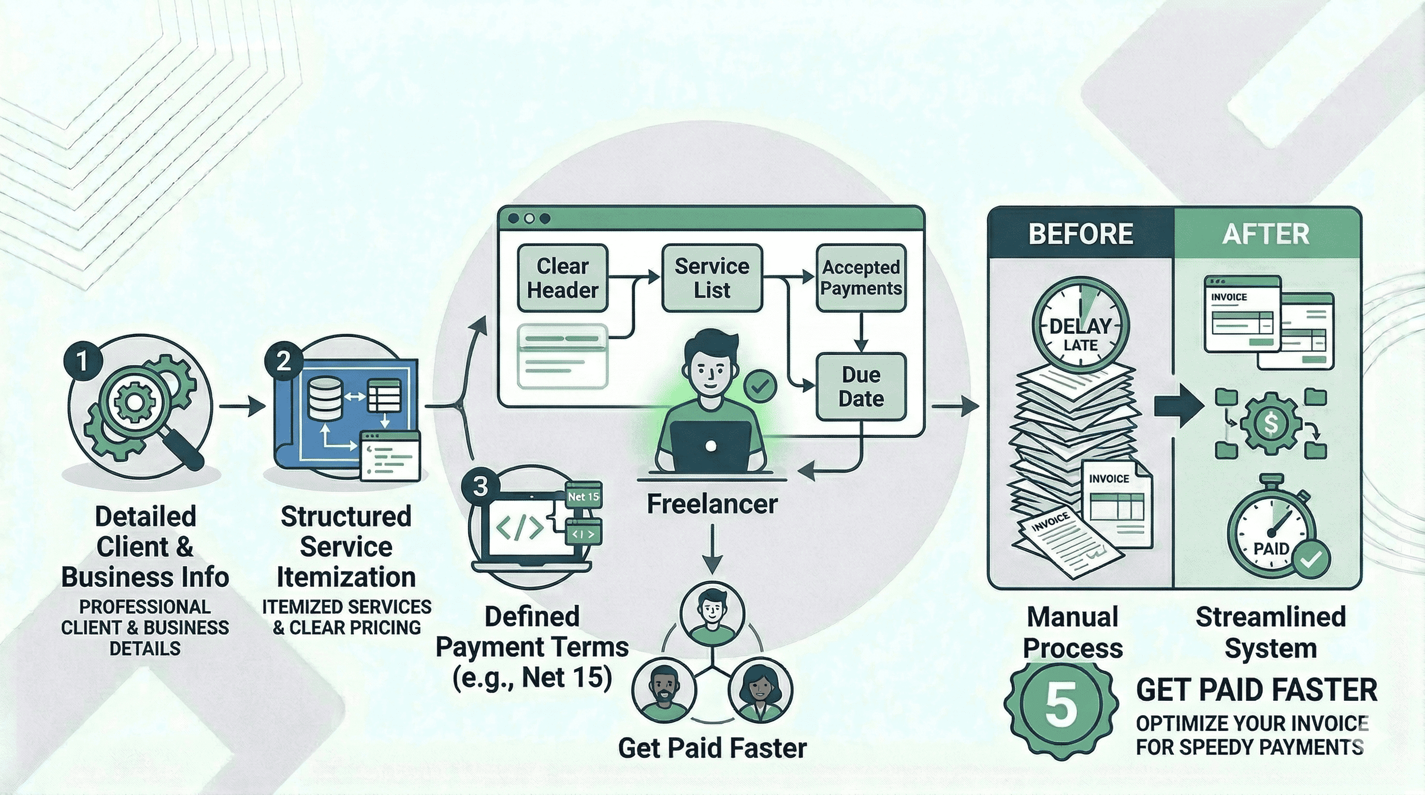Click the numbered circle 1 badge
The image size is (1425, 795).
point(82,361)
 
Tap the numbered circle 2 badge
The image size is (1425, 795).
point(283,361)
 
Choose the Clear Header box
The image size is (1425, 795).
point(562,278)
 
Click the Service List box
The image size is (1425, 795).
point(711,278)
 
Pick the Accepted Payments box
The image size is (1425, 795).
point(861,278)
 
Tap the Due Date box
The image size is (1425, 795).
point(861,387)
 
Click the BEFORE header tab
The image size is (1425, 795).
point(1080,234)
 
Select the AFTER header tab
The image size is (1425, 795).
point(1266,234)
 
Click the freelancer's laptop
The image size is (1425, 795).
point(711,445)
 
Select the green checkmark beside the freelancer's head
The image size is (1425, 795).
point(760,387)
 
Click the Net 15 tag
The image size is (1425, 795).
point(583,496)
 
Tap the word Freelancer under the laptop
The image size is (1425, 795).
point(711,504)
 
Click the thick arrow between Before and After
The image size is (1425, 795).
point(1179,406)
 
